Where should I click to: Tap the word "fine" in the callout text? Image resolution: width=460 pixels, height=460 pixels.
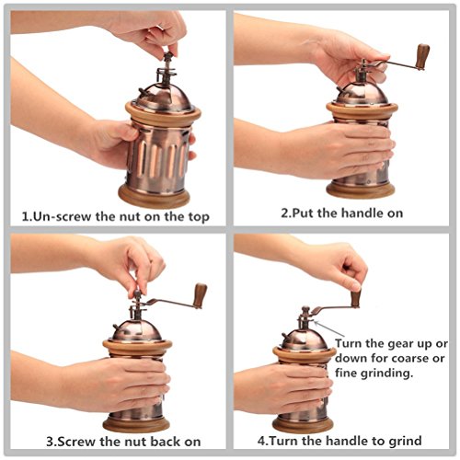point(346,373)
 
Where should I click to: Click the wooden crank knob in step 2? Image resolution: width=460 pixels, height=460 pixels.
point(422,56)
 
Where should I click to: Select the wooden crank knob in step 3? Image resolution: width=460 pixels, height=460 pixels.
point(201,295)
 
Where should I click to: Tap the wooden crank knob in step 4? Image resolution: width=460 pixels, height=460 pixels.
point(356,298)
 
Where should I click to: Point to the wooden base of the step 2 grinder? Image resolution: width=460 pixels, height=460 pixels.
point(361,190)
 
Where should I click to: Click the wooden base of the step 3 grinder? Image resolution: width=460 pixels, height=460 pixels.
point(136,424)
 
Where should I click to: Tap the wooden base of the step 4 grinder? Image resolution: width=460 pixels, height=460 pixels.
point(303,424)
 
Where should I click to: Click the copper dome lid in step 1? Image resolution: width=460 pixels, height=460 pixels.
point(163,98)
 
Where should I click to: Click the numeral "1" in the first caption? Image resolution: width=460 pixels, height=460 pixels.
point(25,216)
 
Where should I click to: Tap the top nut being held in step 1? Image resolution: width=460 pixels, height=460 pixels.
point(167,57)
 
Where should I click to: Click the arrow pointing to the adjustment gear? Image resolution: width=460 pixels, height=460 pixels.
point(329,328)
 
